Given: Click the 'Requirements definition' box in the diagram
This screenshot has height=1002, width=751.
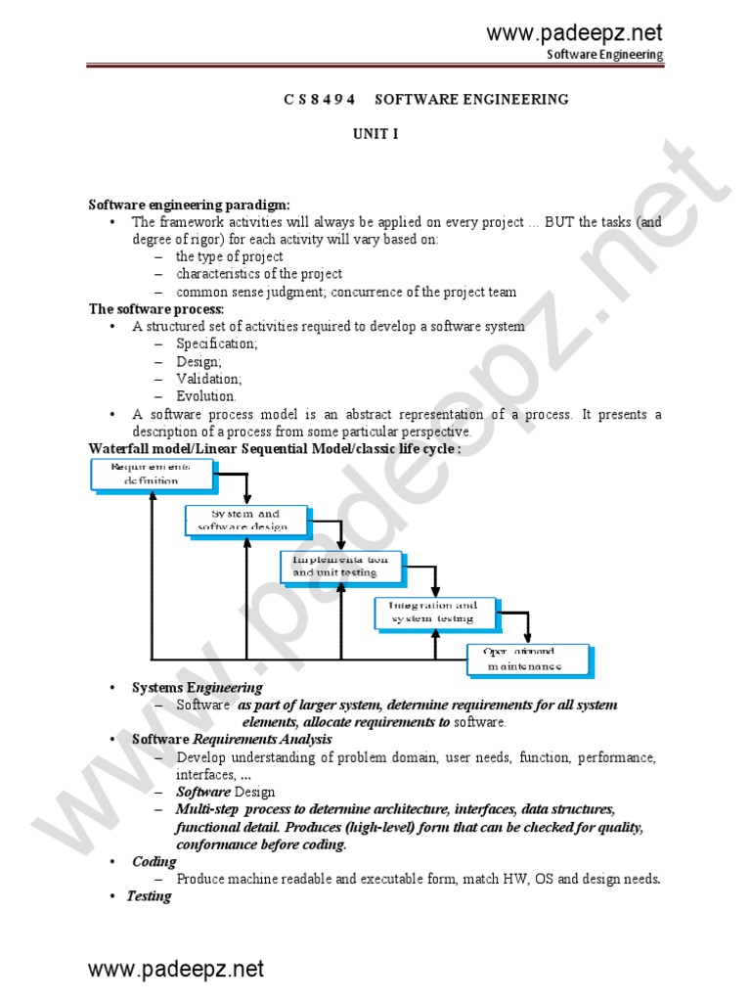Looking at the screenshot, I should click(x=152, y=474).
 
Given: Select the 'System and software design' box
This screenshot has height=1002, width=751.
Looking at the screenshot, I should click(x=245, y=520).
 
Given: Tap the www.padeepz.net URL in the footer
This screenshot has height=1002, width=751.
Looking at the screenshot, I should click(x=176, y=970).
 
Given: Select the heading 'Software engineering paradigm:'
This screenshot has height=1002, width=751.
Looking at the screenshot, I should click(x=189, y=205).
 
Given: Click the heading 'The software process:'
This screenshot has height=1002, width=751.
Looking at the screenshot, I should click(x=156, y=309).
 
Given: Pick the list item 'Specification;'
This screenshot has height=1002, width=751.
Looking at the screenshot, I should click(x=217, y=344).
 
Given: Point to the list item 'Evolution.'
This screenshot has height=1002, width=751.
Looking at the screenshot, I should click(x=206, y=396).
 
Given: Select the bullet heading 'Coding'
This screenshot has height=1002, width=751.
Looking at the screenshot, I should click(x=155, y=861).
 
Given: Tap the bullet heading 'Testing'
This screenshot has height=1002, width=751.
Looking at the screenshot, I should click(x=149, y=896).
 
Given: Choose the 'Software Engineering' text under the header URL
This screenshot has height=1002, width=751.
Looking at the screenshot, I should click(x=604, y=55).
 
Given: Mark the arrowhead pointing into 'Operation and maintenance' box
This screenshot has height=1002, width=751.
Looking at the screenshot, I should click(x=528, y=637).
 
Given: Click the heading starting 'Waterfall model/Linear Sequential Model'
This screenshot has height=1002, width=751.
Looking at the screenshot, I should click(x=275, y=448).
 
